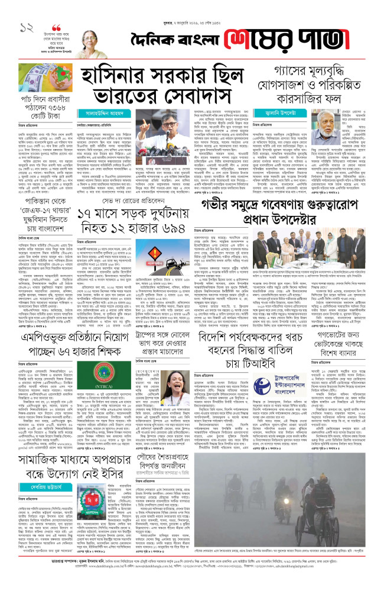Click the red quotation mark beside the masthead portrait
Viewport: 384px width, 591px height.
click(57, 28)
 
